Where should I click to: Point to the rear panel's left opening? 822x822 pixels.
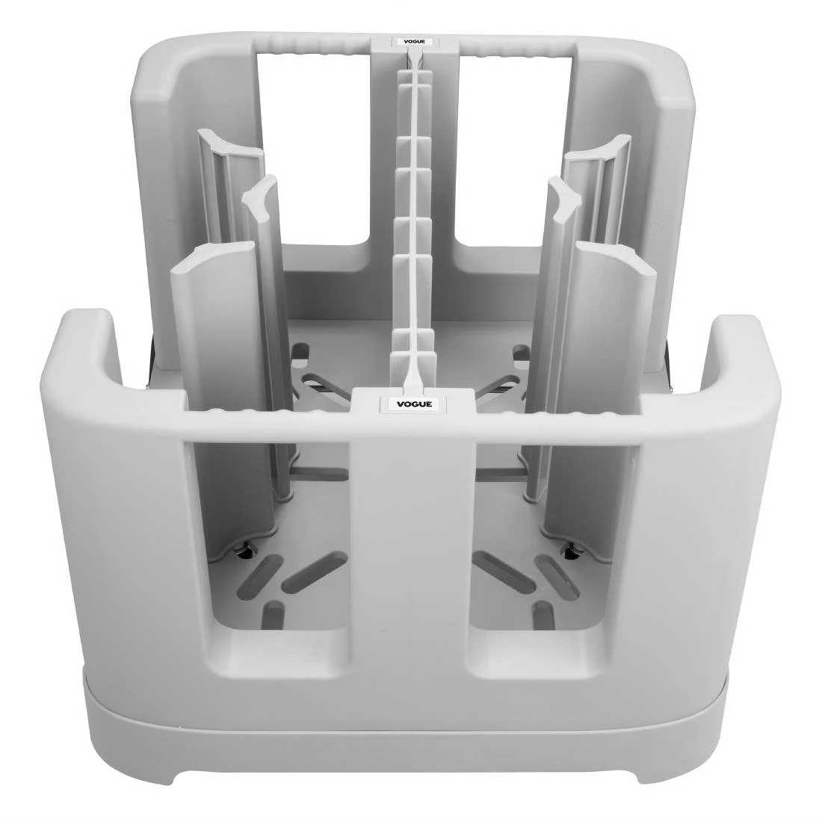[314, 142]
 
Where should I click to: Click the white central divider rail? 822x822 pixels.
[412, 224]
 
